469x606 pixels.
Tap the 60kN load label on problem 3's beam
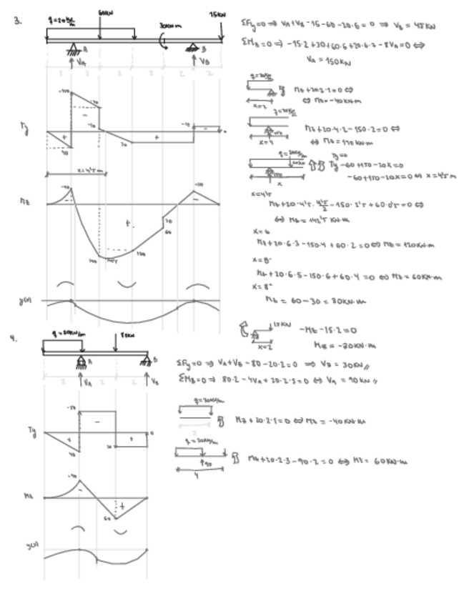coord(105,14)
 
